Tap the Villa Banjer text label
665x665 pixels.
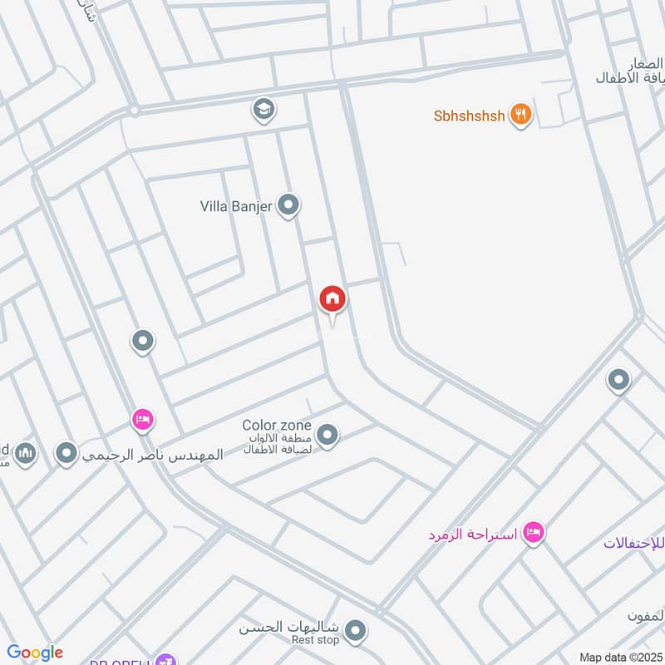(236, 206)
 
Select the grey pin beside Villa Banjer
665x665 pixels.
(288, 204)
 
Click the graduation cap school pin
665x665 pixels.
(264, 109)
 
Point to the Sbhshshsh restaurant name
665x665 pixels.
(469, 116)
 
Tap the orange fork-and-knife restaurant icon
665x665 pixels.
(521, 115)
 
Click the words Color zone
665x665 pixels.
(277, 426)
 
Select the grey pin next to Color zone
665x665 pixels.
(327, 435)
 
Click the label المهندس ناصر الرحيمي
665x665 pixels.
(153, 456)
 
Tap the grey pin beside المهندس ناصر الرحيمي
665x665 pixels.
(66, 454)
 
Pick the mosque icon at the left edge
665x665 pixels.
(25, 454)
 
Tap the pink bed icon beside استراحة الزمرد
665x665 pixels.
(534, 532)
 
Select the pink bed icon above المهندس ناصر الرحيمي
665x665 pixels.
(142, 421)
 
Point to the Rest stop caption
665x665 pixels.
(315, 641)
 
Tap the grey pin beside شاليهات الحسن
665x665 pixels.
(356, 632)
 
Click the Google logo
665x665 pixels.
(35, 653)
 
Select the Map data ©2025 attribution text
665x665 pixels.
(621, 657)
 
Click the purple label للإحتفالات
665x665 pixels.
(637, 544)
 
